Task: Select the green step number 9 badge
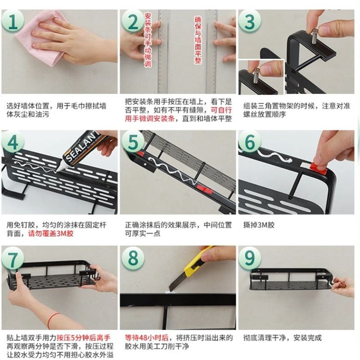click(251, 259)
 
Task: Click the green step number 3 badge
click(251, 21)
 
